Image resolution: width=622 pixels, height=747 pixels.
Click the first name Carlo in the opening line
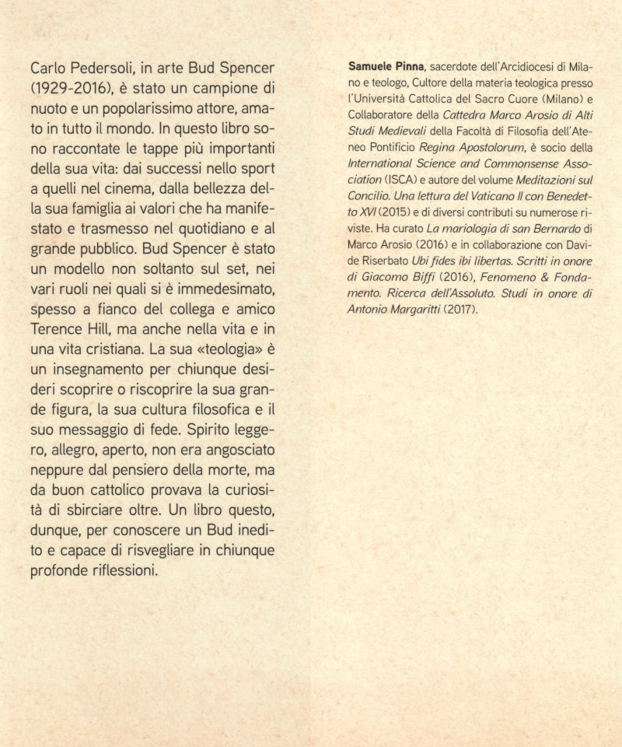coord(48,63)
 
